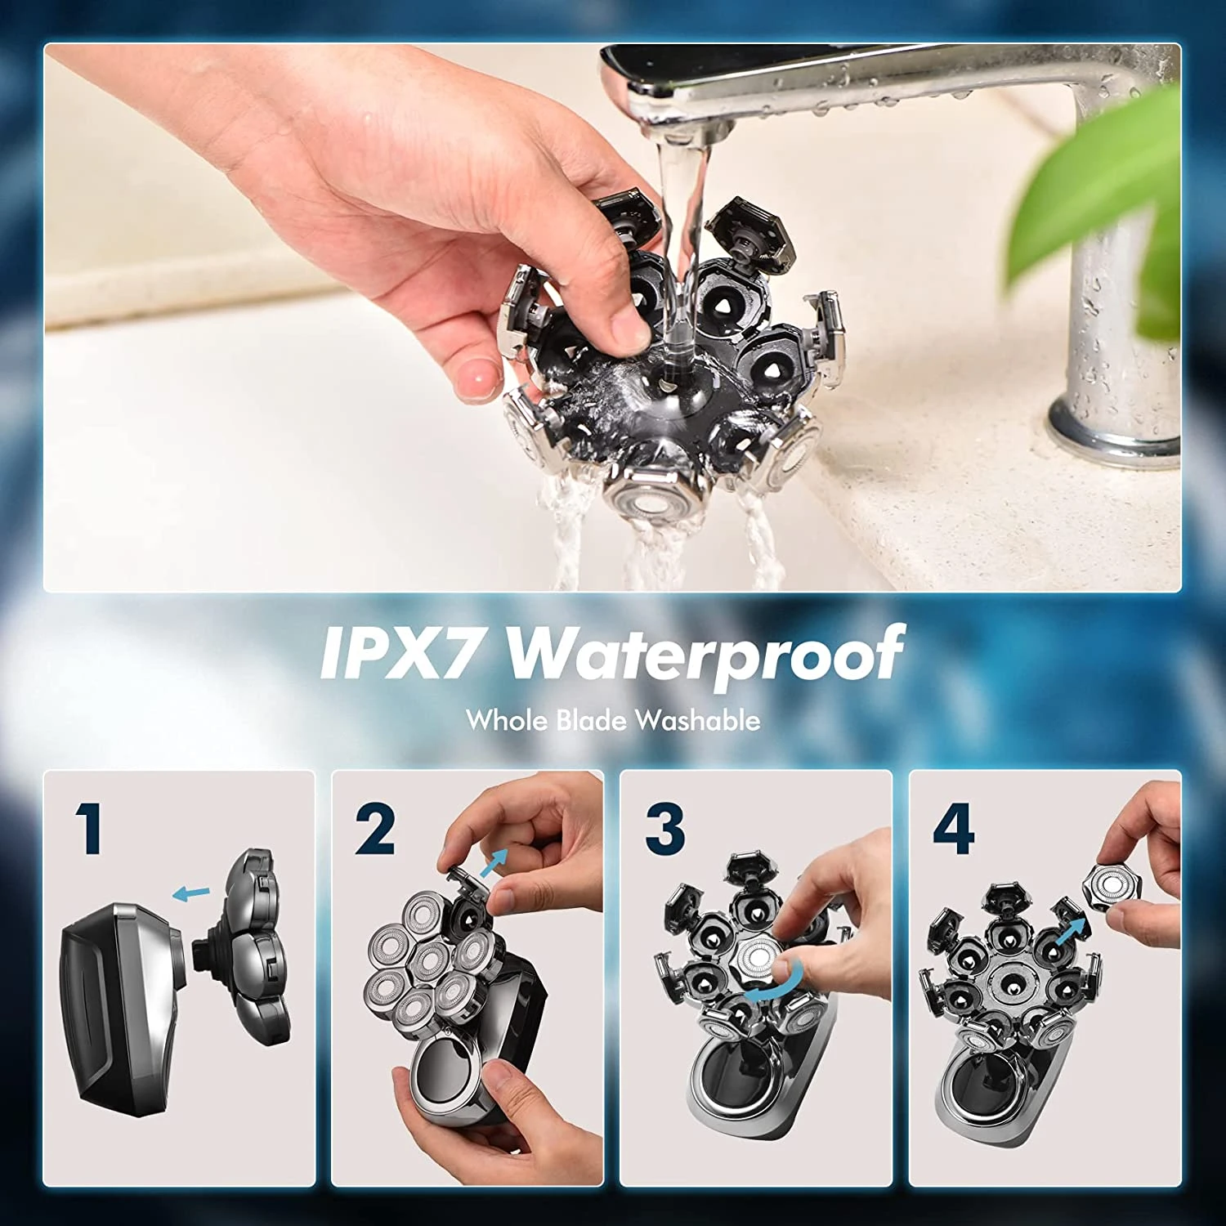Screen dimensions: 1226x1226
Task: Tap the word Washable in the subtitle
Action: (x=698, y=720)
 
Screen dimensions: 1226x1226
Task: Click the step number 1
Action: (x=90, y=828)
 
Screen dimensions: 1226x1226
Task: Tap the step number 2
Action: (x=375, y=829)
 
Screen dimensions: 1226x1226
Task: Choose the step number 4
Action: (x=953, y=829)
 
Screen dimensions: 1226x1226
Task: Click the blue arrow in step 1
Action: (x=192, y=893)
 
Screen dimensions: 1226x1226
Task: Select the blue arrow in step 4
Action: (x=1072, y=931)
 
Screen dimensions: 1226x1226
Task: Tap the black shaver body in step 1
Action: (x=123, y=1005)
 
